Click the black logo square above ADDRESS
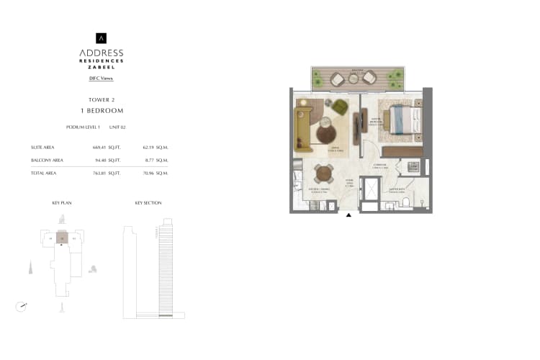coord(102,38)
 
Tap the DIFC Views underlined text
coord(102,78)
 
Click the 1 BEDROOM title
coord(102,111)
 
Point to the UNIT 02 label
coord(117,127)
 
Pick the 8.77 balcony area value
coord(150,160)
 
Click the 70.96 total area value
coord(150,174)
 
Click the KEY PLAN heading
coord(62,203)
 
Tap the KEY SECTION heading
coord(148,203)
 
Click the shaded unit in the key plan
coord(63,238)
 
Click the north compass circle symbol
coord(21,307)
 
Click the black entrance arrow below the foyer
coord(349,213)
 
